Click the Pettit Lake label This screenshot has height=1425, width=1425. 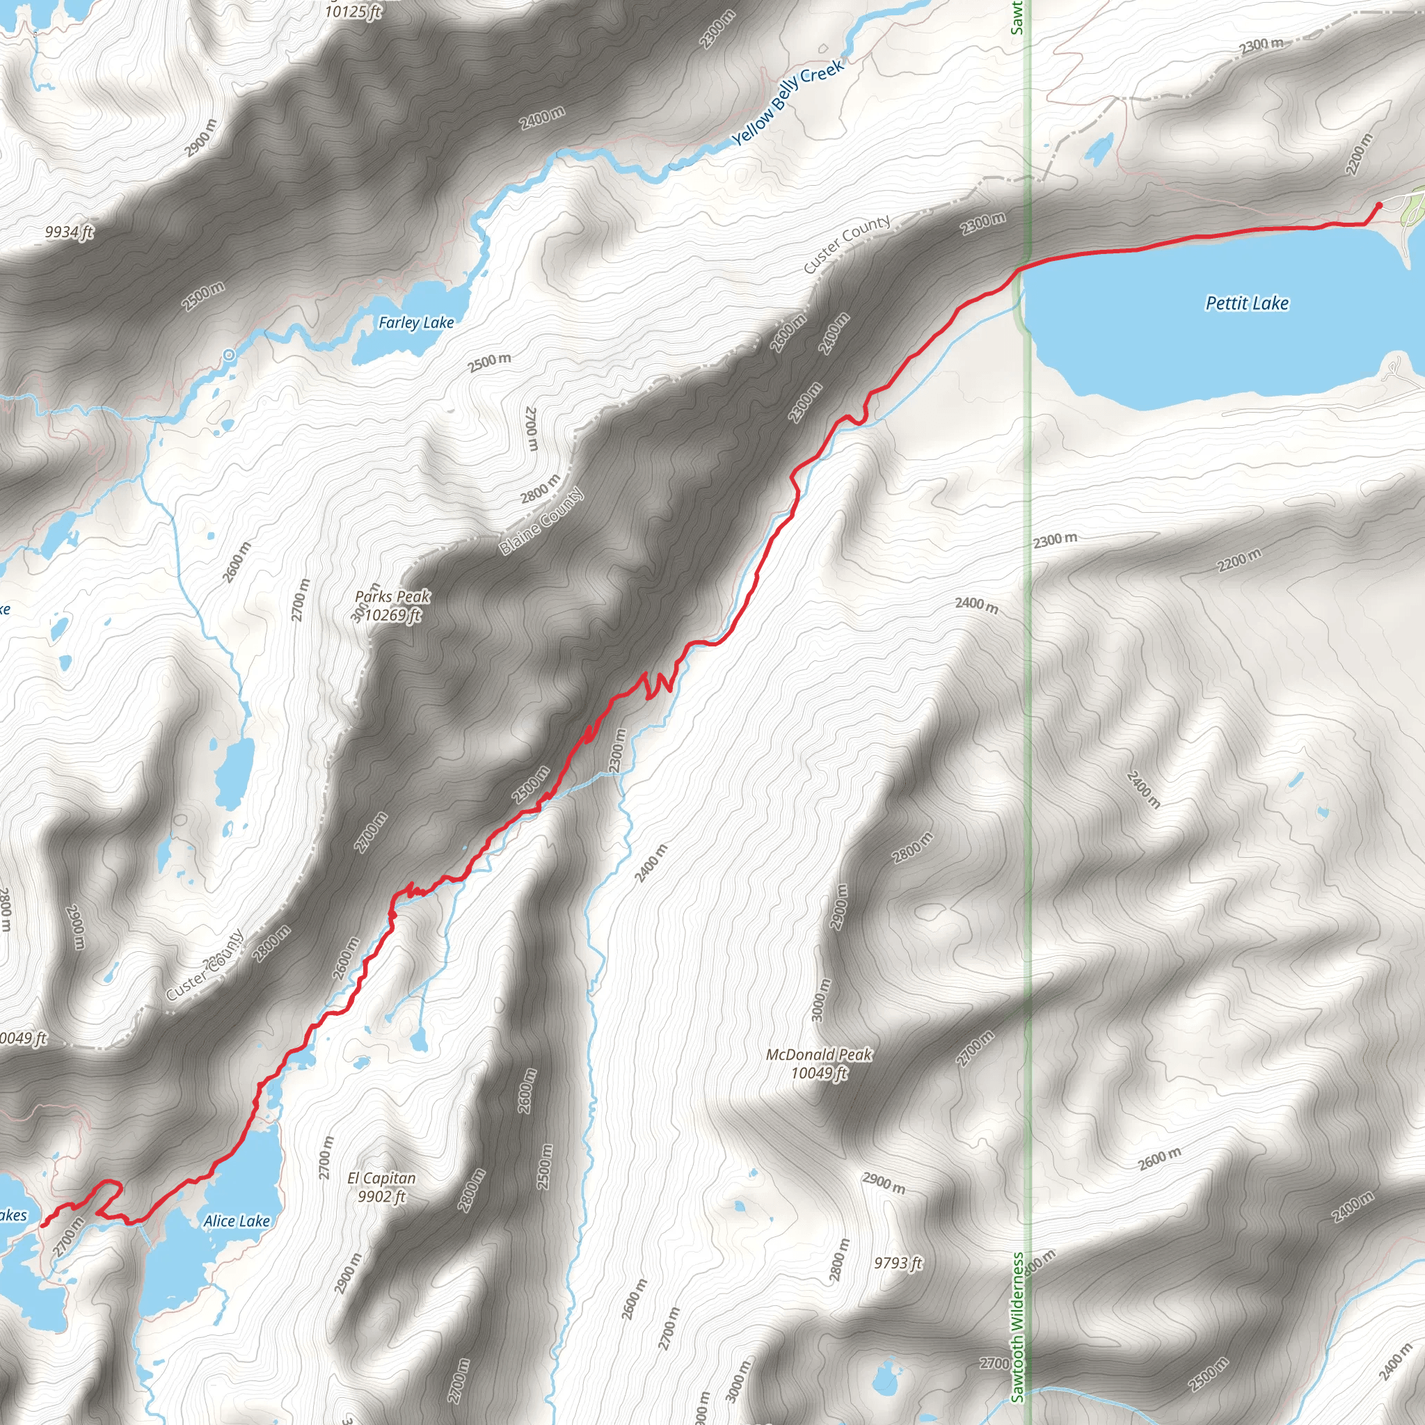1246,303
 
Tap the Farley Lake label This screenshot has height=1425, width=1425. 416,322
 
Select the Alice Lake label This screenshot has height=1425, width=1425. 236,1221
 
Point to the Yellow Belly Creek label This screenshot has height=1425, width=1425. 787,102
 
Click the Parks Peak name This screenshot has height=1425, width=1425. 392,597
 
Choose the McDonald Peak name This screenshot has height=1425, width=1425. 819,1055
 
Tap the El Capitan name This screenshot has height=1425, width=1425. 381,1178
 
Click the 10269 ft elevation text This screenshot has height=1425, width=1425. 393,615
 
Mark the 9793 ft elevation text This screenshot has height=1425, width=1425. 898,1263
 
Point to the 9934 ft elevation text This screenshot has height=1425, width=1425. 70,232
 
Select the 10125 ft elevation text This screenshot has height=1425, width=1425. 353,11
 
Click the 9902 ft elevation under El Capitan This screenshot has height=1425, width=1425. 381,1196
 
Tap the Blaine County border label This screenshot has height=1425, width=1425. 541,521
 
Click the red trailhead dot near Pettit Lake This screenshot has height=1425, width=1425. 1379,206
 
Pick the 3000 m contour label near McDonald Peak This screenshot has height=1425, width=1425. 820,999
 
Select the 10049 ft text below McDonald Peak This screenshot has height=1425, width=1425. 819,1073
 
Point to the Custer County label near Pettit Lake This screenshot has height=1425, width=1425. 847,244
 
